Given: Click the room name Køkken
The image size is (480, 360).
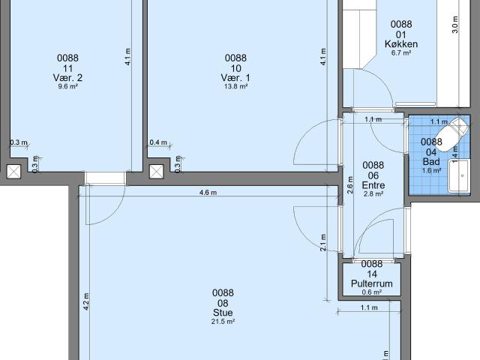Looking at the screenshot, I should click(401, 44).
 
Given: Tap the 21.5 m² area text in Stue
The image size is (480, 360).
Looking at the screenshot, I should click(223, 322).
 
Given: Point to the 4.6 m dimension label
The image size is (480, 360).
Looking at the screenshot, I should click(208, 193).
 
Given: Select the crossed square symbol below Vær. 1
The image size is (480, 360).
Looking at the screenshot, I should click(156, 172).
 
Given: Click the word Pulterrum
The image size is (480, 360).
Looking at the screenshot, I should click(372, 283).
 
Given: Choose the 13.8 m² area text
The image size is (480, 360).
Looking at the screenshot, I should click(235, 87).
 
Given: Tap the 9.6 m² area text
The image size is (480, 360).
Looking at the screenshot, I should click(68, 87).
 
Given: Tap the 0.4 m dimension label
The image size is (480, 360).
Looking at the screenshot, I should click(157, 142).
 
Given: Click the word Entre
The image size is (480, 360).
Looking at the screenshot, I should click(373, 184).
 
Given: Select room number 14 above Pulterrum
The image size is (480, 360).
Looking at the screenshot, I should click(372, 274).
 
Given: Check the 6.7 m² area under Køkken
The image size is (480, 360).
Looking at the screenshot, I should click(401, 53).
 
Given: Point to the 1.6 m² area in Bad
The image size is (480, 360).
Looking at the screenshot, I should click(431, 170).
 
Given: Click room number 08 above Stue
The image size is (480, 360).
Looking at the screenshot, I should click(223, 303).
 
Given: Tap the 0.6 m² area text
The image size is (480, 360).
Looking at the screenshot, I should click(372, 292).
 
